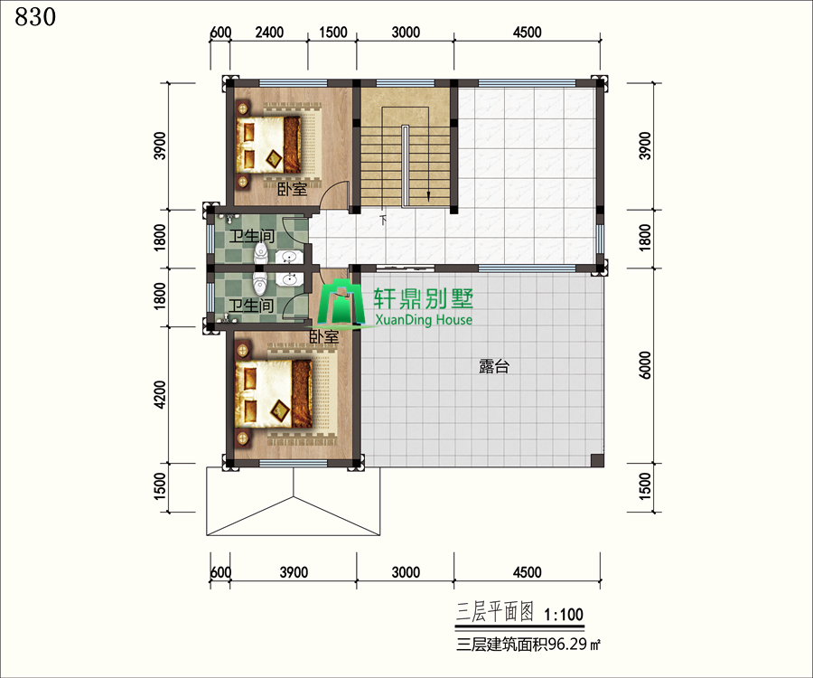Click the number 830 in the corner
click(x=35, y=17)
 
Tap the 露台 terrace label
click(x=493, y=367)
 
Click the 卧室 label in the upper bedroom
click(x=293, y=188)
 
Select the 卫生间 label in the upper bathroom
click(x=251, y=237)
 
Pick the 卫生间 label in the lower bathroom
click(x=251, y=306)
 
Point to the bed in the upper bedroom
click(x=268, y=145)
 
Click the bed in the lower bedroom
click(x=273, y=394)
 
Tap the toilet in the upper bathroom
click(x=261, y=251)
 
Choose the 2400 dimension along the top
click(x=269, y=33)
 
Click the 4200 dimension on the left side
click(x=160, y=395)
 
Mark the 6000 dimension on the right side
click(x=644, y=365)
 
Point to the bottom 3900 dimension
click(x=294, y=572)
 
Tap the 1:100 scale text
click(x=564, y=615)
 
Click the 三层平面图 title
click(x=495, y=613)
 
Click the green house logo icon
click(x=341, y=304)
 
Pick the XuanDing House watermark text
click(x=424, y=319)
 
